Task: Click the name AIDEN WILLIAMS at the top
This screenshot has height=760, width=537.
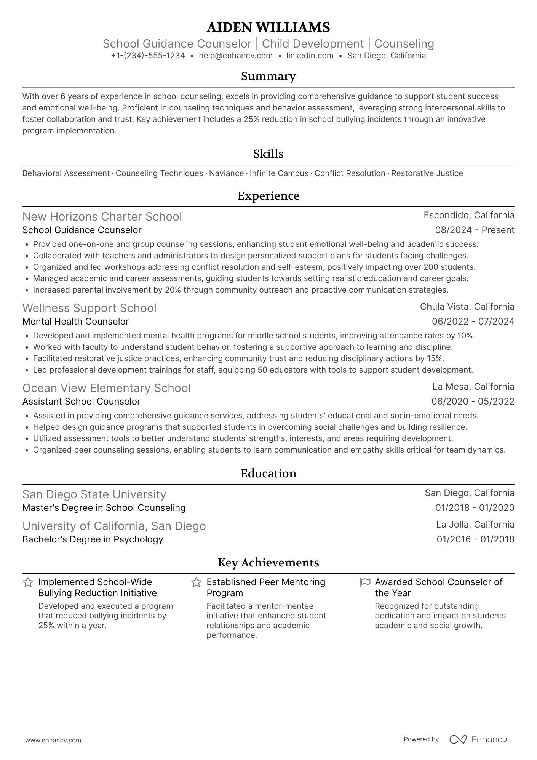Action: tap(268, 27)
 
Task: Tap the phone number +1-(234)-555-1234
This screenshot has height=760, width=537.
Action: tap(148, 56)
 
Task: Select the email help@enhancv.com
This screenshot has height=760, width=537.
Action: tap(236, 56)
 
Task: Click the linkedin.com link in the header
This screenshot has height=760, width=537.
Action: tap(310, 56)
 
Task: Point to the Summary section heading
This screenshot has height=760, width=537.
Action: tap(268, 76)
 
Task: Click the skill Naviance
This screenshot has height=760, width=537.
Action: tap(226, 173)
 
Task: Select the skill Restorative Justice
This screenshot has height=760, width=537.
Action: tap(427, 173)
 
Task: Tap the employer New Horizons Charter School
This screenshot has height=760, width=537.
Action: tap(102, 217)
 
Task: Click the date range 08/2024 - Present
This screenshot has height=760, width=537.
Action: tap(475, 230)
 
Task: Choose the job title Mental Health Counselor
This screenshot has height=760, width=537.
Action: tap(75, 322)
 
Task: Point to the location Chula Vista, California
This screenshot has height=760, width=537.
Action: tap(467, 307)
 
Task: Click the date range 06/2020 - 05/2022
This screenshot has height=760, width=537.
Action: tap(473, 402)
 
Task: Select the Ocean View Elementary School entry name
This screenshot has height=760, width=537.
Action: tap(106, 388)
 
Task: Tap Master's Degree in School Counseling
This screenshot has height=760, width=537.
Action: tap(104, 508)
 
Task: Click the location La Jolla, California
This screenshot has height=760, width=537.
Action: tap(475, 525)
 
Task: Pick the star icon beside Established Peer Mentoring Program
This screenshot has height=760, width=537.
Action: tap(196, 582)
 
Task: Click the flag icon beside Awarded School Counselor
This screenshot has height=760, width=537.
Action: tap(364, 582)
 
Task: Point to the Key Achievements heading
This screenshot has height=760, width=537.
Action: tap(268, 563)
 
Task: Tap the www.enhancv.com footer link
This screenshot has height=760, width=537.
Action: tap(53, 740)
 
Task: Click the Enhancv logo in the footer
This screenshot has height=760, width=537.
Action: tap(478, 739)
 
